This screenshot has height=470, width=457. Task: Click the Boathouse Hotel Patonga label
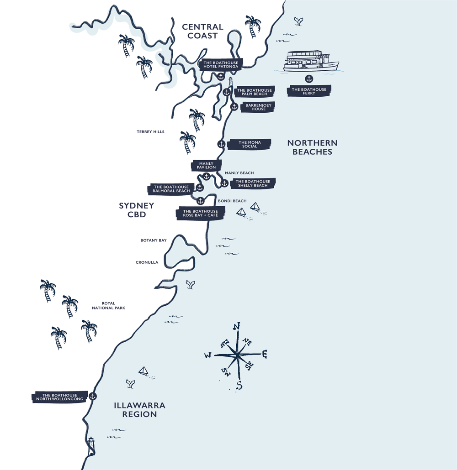coord(221,64)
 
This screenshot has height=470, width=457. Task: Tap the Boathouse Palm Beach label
coord(255,92)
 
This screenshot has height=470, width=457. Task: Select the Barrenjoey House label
coord(258,107)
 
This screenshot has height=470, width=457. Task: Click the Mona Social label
coord(250,144)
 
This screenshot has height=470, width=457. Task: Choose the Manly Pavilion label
coord(206,166)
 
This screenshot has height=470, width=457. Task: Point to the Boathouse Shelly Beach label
coord(253,183)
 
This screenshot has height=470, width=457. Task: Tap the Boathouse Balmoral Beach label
coord(171,189)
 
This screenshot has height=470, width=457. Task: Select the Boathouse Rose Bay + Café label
coord(200,213)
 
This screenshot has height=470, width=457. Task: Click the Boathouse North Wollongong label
coord(59,397)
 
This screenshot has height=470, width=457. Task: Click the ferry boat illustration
coord(311,62)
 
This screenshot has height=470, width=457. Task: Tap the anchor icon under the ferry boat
coord(308,79)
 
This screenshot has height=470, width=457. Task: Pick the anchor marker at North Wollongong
coord(93,396)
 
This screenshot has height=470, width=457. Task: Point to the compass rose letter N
coord(236,326)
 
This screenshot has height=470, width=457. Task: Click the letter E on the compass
coord(264,354)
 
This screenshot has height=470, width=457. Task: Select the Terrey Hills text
coord(150,132)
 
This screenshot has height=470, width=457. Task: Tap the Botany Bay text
coord(153,240)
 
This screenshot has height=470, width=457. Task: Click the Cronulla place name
coord(147,262)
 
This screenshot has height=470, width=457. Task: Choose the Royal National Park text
coord(108,306)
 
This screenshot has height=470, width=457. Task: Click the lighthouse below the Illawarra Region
coord(91,445)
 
